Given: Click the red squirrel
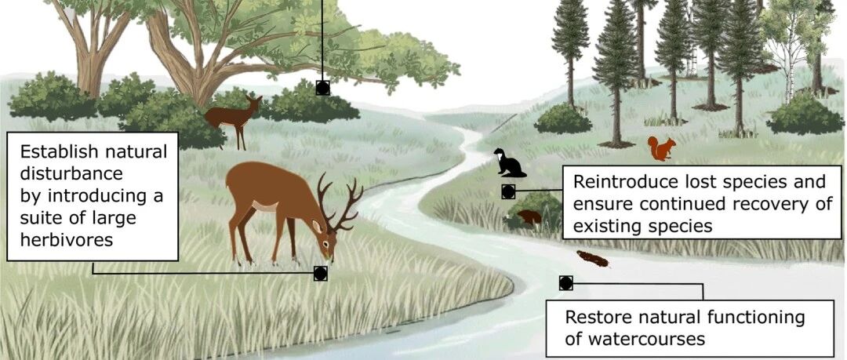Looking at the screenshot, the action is pos(661,148).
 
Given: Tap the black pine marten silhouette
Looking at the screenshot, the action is pos(509,163).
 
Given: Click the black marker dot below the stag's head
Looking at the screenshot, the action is pos(320,273).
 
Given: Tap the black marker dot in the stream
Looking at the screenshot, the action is pos(565,283).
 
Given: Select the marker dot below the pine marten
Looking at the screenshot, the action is pos(507,191).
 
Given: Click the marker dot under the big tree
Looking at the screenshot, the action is pos(322,88).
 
